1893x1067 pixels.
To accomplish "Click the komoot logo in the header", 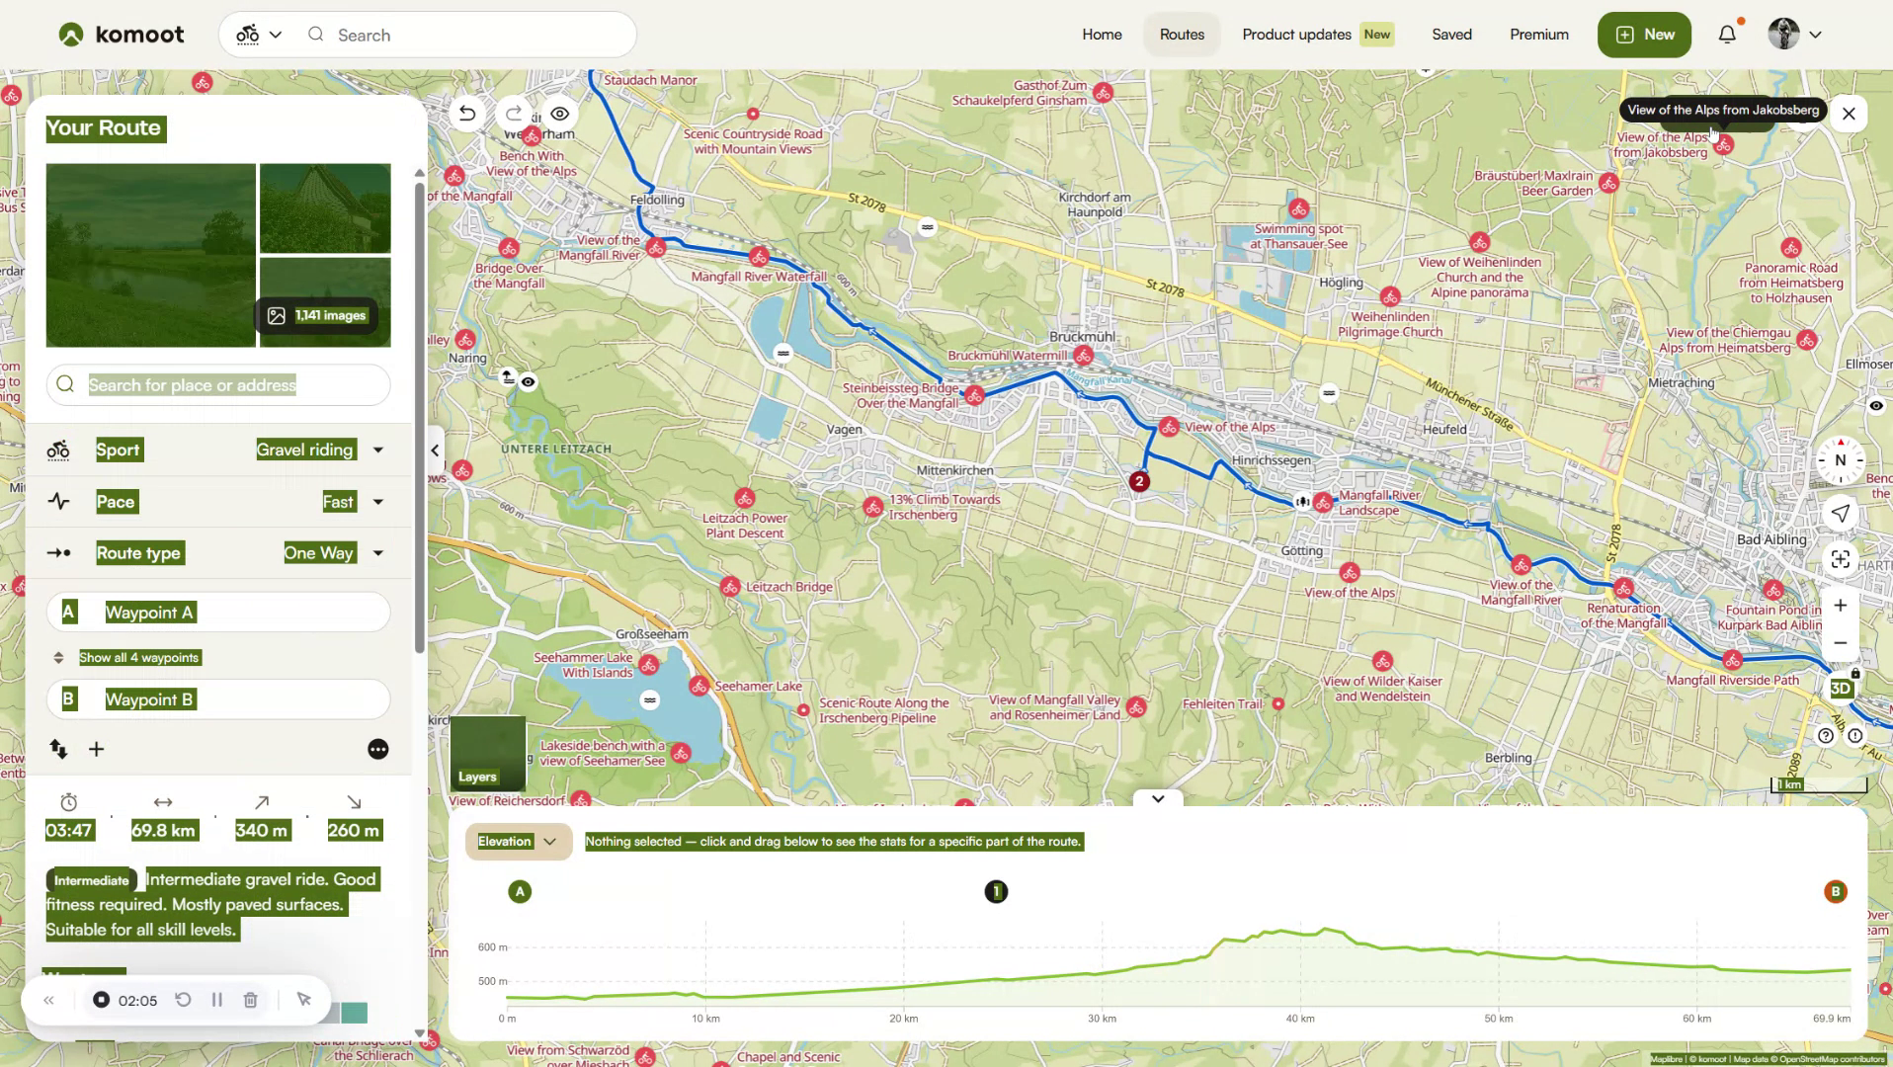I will pos(121,35).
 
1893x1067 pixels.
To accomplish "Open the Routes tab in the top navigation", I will pos(1182,35).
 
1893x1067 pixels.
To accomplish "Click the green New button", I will pos(1644,35).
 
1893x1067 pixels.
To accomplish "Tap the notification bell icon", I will pos(1727,35).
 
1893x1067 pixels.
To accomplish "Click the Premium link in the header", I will pos(1538,35).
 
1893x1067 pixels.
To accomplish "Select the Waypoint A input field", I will pos(218,613).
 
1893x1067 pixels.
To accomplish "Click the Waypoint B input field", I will pos(218,699).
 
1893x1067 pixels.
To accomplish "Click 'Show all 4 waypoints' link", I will pos(139,658).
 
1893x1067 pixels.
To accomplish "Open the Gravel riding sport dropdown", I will pos(318,451).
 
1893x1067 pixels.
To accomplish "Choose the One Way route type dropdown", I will pos(332,553).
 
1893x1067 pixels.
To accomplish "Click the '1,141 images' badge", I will pos(318,315).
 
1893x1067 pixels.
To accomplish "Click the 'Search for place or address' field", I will pos(218,385).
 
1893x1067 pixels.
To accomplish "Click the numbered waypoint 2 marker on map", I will pos(1139,482).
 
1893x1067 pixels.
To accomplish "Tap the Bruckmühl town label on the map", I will pos(1083,337).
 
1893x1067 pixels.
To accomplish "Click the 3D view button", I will pos(1840,689).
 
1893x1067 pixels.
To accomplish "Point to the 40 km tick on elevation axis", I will pos(1300,1018).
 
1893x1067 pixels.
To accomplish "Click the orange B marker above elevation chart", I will pos(1835,892).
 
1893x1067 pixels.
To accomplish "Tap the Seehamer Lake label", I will pos(759,687).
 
